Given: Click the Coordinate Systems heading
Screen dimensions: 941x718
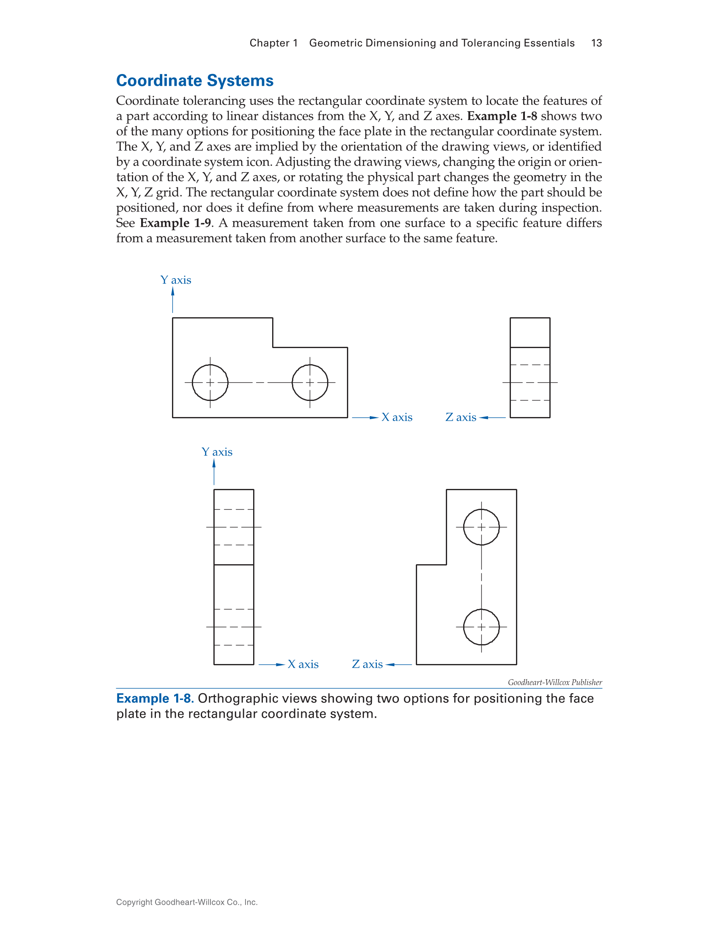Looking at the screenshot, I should coord(195,80).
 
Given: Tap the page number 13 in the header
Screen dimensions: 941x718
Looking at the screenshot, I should coord(596,43).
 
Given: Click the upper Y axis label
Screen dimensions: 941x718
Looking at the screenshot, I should coord(176,280).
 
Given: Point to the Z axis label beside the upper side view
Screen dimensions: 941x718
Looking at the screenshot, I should coord(461,417).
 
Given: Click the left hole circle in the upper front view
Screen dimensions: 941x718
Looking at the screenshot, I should coord(210,382).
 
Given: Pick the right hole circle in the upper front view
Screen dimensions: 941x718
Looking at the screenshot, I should coord(310,382).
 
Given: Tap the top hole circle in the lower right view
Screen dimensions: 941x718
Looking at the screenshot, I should coord(481,527).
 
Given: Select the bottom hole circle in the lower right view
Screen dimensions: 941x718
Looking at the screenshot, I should coord(481,627).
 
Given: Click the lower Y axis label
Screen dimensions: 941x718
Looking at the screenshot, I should coord(217,452).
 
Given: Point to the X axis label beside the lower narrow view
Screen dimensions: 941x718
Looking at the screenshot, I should coord(303,664).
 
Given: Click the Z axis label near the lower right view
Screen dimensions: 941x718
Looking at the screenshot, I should coord(367,664).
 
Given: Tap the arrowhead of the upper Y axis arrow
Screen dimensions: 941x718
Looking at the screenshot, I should coord(173,292).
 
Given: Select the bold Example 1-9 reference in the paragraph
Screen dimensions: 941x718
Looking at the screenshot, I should coord(175,223).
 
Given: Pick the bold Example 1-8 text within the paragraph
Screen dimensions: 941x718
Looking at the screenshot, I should coord(502,116).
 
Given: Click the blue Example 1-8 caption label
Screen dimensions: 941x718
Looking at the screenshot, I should coord(155,699).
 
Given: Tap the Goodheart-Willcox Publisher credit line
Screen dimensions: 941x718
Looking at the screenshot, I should coord(555,683).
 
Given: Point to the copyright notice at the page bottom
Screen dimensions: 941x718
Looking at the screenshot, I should coord(187,902).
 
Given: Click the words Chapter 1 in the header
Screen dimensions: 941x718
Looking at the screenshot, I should coord(273,43).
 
